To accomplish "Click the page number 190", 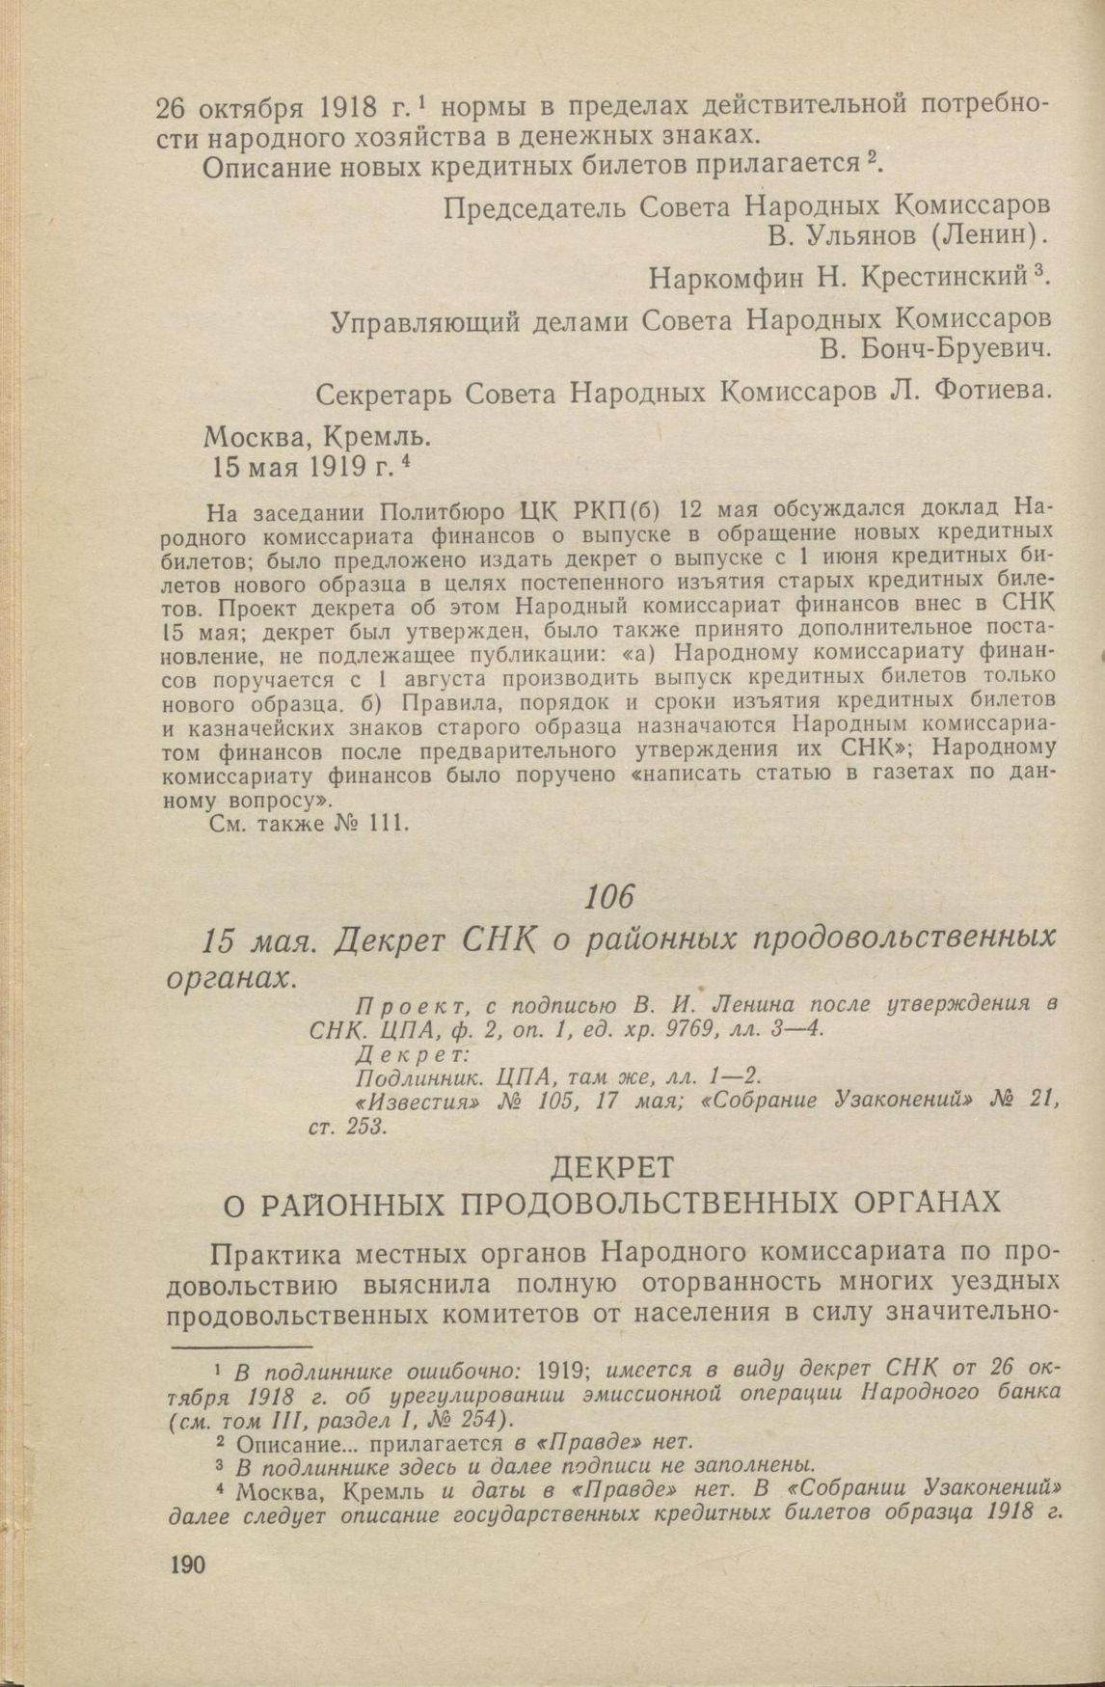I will (x=187, y=1564).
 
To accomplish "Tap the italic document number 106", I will (x=609, y=897).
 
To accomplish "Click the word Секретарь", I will (x=382, y=395).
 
